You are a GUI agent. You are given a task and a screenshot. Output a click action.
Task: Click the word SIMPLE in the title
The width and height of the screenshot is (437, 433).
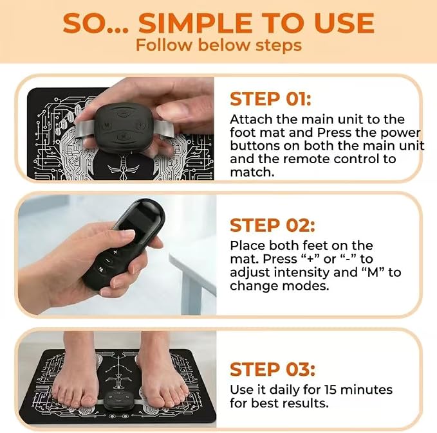click(x=196, y=23)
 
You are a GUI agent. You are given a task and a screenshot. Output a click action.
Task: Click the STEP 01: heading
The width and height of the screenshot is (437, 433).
click(x=270, y=99)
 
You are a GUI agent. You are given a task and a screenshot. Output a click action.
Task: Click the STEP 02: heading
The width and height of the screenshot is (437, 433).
click(x=272, y=225)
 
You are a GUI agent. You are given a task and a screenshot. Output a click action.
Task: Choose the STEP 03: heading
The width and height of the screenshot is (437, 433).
click(x=272, y=369)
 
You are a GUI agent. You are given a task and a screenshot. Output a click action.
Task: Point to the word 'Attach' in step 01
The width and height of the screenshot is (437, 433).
click(x=251, y=119)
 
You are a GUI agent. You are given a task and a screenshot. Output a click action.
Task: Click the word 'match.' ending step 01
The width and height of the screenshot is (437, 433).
click(x=252, y=172)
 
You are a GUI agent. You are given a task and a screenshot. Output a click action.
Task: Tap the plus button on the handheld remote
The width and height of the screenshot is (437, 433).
click(x=115, y=252)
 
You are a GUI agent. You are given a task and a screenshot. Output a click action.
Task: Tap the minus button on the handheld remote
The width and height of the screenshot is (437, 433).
click(x=107, y=260)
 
